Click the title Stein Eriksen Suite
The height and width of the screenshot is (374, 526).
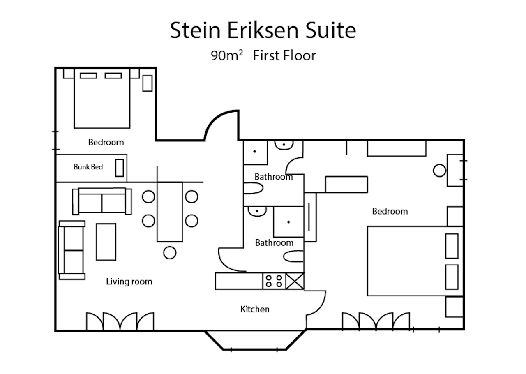[x=263, y=30]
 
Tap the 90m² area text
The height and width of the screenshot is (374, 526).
[x=227, y=55]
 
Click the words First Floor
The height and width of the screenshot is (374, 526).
[x=284, y=55]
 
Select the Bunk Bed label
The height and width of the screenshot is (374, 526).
[x=88, y=167]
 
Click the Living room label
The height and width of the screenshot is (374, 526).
[x=129, y=282]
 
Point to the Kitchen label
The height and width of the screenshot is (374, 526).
[x=255, y=309]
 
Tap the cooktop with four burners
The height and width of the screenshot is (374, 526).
[x=274, y=281]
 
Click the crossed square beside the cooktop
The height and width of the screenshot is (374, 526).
[x=295, y=281]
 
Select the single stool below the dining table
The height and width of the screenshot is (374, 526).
[x=170, y=252]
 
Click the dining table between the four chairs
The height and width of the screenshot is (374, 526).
[x=170, y=212]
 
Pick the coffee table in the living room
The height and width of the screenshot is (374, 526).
[x=106, y=242]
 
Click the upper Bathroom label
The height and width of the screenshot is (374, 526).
[x=274, y=177]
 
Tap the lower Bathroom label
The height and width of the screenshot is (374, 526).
[x=274, y=242]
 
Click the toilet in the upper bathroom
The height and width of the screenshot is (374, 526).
[x=253, y=188]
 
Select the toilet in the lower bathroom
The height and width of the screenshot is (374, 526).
[x=293, y=256]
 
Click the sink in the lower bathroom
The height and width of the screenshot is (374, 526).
[x=257, y=211]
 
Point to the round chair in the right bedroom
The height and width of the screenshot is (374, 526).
[x=439, y=170]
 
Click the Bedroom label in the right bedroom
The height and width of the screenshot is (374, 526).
[x=390, y=211]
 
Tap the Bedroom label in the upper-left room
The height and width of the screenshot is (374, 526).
[x=106, y=142]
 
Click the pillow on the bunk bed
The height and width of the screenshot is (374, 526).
[x=120, y=168]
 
